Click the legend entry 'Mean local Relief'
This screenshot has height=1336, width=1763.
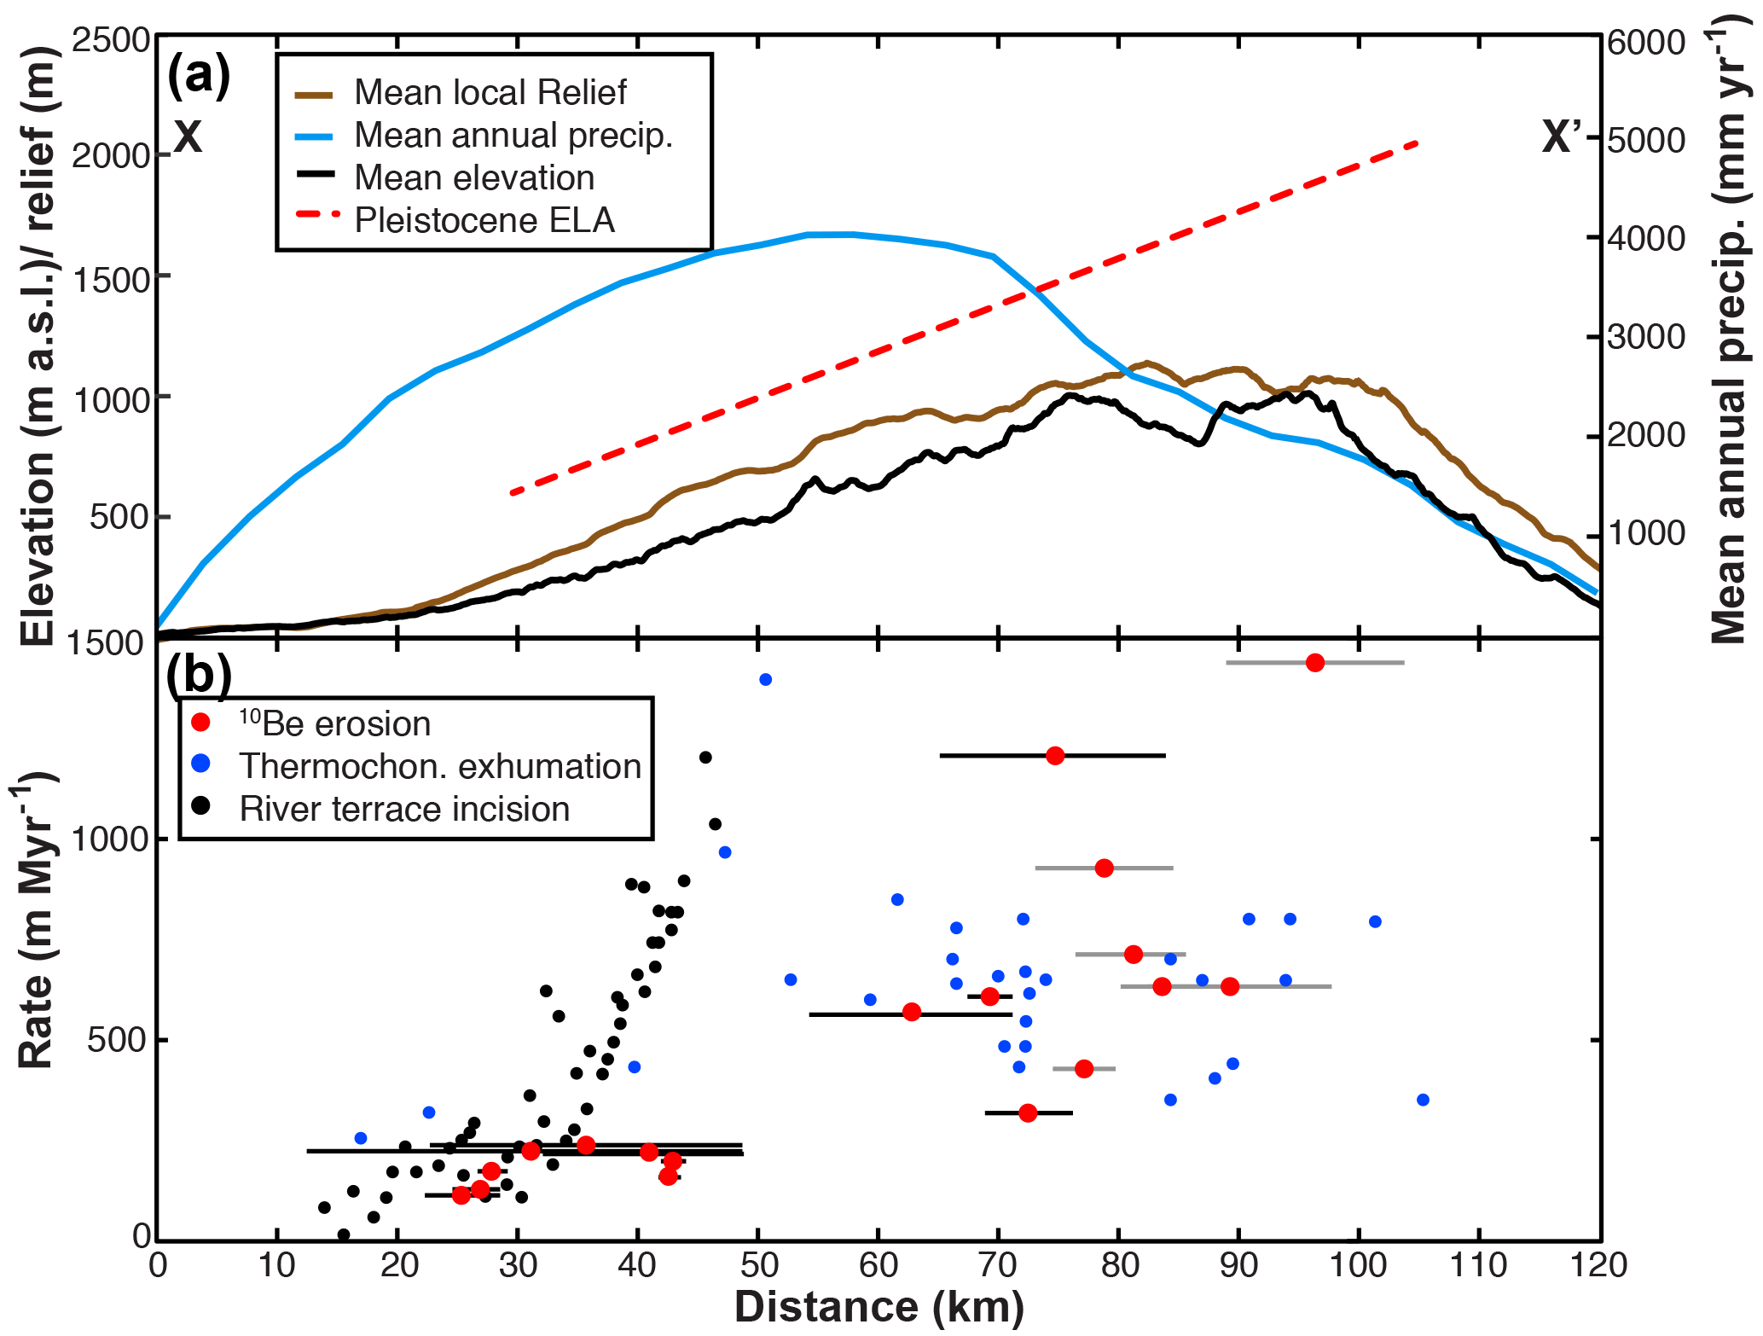(490, 92)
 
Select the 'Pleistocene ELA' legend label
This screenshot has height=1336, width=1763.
(484, 220)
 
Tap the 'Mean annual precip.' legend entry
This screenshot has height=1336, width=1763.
(513, 135)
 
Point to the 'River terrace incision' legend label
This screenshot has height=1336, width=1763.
(404, 809)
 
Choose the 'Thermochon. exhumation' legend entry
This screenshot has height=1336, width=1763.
(439, 766)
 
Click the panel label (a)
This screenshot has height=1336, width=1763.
(198, 75)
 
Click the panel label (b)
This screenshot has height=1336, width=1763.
(198, 674)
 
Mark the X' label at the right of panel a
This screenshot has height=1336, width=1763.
(1561, 137)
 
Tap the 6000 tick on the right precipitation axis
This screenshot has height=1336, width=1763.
(1645, 42)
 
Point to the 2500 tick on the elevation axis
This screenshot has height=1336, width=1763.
(111, 39)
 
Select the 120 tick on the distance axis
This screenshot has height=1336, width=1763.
(1598, 1264)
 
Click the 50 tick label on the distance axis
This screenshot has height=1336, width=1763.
(758, 1264)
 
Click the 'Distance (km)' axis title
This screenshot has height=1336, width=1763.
(879, 1307)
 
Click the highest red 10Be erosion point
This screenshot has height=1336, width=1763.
(1314, 663)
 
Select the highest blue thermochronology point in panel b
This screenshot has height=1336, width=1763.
(765, 680)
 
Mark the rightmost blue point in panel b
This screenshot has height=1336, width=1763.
(1422, 1100)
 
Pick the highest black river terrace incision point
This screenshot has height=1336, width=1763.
(705, 758)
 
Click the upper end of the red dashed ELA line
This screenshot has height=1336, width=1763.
(1418, 142)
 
